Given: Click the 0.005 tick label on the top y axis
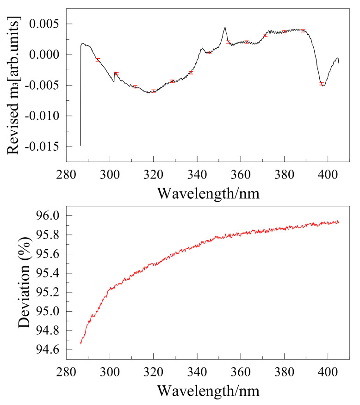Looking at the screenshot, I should click(46, 24).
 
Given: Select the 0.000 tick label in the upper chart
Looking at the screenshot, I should click(46, 55).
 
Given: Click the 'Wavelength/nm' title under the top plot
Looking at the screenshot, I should click(208, 192).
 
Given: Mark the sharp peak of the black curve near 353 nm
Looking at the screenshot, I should click(225, 27).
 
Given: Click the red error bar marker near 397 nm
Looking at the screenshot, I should click(322, 84).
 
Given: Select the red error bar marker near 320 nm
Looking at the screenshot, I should click(154, 91).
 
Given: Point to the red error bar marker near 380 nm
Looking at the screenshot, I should click(284, 31).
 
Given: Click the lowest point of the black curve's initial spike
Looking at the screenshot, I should click(81, 145).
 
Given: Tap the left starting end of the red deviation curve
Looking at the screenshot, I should click(81, 344).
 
